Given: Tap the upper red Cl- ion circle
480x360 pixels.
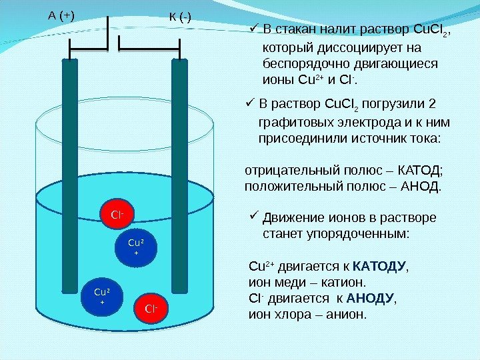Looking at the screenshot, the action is (x=117, y=215).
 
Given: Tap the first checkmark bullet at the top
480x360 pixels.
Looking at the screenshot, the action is (x=253, y=28).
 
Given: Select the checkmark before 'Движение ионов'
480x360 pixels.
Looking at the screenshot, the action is (x=253, y=216).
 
